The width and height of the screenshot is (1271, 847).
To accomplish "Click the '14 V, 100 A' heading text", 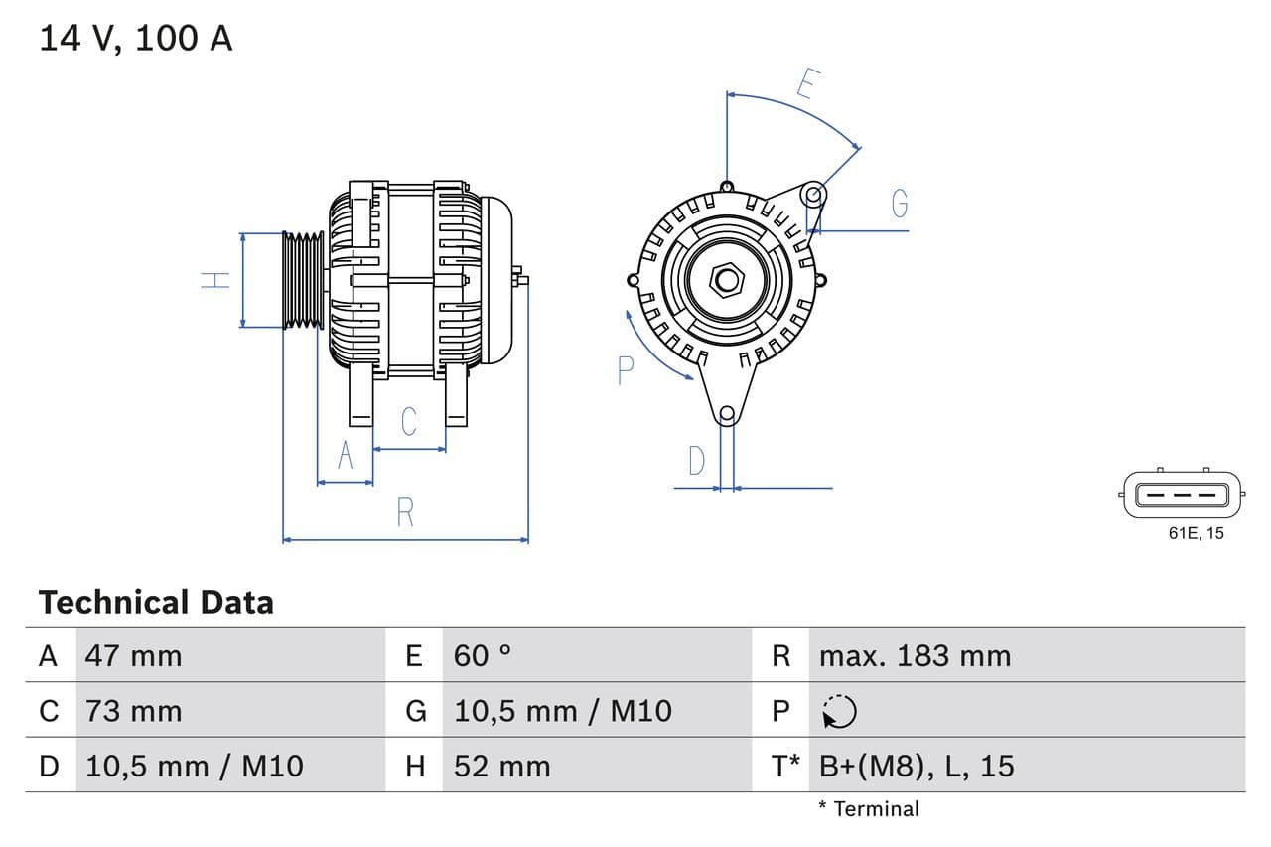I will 135,38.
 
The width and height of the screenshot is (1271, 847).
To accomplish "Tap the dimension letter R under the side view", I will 405,512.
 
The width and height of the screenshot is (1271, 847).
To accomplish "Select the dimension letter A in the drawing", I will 346,455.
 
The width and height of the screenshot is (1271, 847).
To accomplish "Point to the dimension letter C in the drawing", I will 409,421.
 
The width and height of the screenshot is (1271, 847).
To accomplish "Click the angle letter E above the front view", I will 806,85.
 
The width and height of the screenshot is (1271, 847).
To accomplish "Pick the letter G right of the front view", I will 900,203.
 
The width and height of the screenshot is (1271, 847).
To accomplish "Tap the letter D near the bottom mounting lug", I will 697,461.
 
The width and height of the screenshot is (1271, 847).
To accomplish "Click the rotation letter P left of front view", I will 625,370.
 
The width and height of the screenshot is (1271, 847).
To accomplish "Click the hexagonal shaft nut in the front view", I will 727,280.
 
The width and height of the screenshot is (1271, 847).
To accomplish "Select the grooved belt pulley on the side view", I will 303,280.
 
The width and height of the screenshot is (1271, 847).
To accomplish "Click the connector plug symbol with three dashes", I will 1182,494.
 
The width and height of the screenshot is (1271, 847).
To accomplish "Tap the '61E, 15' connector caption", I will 1196,533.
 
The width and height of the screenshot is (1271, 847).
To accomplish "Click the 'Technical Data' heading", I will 156,602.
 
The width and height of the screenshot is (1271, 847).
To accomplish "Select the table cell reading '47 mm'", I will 134,655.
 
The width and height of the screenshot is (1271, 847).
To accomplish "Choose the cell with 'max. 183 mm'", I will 915,655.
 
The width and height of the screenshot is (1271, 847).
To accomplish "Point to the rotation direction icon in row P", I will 839,711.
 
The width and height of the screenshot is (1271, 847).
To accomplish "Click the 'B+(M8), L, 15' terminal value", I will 917,766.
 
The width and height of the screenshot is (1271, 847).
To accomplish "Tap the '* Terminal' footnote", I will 869,808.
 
